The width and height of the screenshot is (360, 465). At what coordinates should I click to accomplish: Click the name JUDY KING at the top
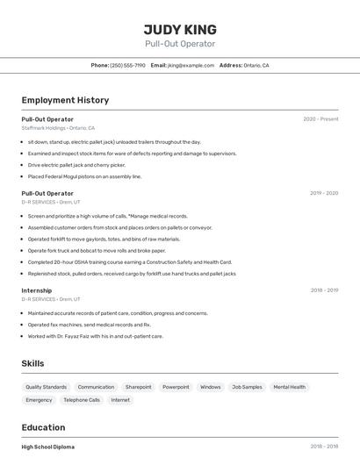click(x=180, y=29)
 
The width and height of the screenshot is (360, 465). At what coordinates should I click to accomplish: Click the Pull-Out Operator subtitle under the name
click(x=180, y=44)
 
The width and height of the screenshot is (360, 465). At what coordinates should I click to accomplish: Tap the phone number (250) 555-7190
click(x=127, y=65)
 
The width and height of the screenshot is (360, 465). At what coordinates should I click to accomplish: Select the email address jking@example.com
click(x=191, y=65)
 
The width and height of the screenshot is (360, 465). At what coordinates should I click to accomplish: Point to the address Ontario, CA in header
click(x=256, y=65)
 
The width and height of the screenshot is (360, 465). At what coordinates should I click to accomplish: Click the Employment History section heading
click(x=65, y=100)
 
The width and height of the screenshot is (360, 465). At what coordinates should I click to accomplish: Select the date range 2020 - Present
click(x=320, y=118)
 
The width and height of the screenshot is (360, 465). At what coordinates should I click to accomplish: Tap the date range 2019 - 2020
click(x=324, y=193)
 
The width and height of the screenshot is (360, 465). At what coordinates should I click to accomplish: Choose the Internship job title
click(x=37, y=290)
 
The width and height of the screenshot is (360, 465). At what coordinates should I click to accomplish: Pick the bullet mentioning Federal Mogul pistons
click(x=84, y=176)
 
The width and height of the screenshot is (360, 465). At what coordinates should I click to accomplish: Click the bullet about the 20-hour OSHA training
click(x=129, y=261)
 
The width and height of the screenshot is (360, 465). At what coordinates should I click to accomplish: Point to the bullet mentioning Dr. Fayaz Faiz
click(x=95, y=336)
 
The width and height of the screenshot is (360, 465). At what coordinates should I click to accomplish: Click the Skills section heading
click(x=33, y=363)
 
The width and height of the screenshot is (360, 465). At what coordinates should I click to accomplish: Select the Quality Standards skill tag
click(x=46, y=387)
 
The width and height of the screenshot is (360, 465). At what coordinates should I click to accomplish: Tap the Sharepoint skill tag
click(x=138, y=387)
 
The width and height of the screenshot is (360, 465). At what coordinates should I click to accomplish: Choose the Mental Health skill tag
click(x=289, y=387)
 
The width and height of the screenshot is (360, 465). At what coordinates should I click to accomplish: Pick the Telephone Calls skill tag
click(x=82, y=400)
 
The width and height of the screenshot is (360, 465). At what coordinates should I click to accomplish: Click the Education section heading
click(x=44, y=428)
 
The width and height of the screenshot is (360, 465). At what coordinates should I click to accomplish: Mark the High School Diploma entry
click(x=48, y=447)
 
